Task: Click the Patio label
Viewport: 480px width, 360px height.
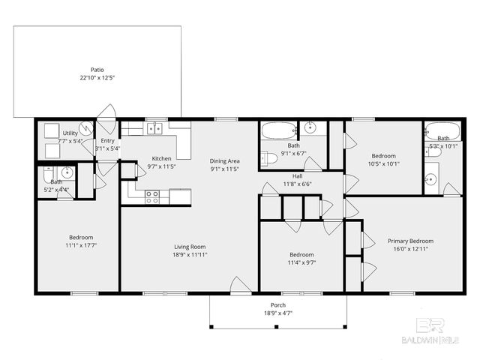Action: click(x=97, y=68)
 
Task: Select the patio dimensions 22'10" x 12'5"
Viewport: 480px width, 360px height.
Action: click(x=97, y=77)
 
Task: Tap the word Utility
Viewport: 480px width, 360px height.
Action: click(x=70, y=133)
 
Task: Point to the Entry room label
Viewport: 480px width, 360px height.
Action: click(x=108, y=140)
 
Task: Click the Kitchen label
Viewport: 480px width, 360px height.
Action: click(x=161, y=158)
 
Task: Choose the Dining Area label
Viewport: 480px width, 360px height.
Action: click(x=224, y=161)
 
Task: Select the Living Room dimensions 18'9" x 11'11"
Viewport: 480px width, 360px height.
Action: click(x=189, y=254)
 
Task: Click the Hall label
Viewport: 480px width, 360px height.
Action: click(x=297, y=175)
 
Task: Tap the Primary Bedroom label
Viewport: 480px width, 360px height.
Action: click(x=410, y=241)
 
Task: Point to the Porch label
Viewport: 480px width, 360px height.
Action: click(x=278, y=304)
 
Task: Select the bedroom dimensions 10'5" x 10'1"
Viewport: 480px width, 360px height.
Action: click(x=383, y=163)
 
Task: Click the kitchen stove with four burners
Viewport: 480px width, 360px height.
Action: click(x=152, y=196)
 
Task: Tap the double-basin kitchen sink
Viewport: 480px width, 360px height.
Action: click(x=154, y=128)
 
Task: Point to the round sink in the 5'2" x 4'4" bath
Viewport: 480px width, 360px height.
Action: click(x=67, y=172)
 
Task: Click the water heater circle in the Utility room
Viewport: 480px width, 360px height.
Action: click(x=86, y=128)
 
